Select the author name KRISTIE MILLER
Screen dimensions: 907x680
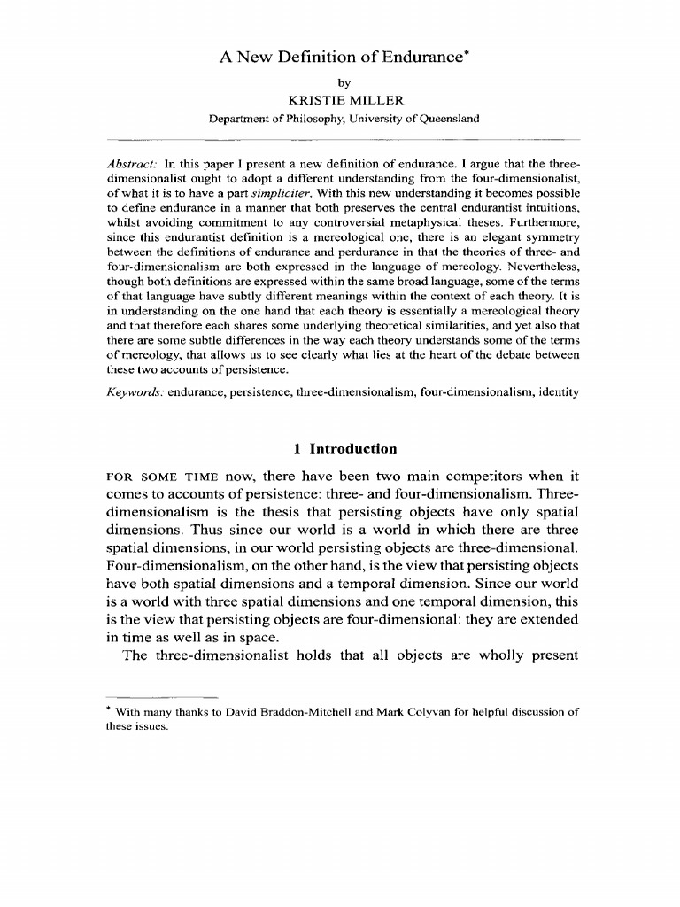tap(340, 101)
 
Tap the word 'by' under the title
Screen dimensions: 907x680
tap(340, 84)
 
